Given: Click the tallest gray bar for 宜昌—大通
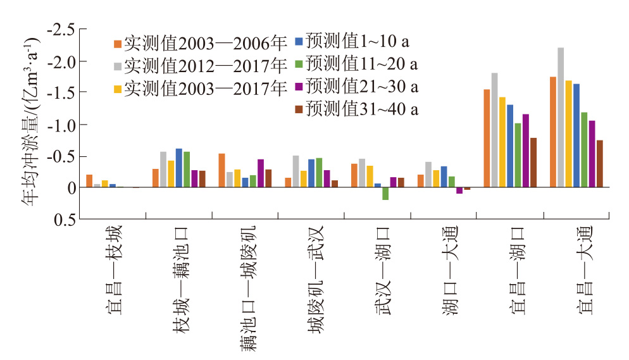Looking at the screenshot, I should pyautogui.click(x=561, y=118).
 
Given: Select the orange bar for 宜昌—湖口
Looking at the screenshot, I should pyautogui.click(x=487, y=139).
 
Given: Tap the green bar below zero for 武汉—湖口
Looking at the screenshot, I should pyautogui.click(x=385, y=194).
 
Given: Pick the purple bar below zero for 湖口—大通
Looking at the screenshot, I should pyautogui.click(x=459, y=190).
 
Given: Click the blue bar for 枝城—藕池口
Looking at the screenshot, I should pyautogui.click(x=179, y=168).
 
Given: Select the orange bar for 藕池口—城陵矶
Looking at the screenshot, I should pyautogui.click(x=221, y=171).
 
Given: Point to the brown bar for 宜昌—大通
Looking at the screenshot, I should pyautogui.click(x=599, y=164).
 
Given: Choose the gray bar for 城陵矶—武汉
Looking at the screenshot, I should pyautogui.click(x=296, y=171).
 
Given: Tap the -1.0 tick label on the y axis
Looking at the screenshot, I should pyautogui.click(x=62, y=125).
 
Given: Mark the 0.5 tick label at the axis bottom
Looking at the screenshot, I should pyautogui.click(x=66, y=220).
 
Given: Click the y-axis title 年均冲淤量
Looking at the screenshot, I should pyautogui.click(x=30, y=120).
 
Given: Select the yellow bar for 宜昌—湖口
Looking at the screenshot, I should pyautogui.click(x=502, y=142).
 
